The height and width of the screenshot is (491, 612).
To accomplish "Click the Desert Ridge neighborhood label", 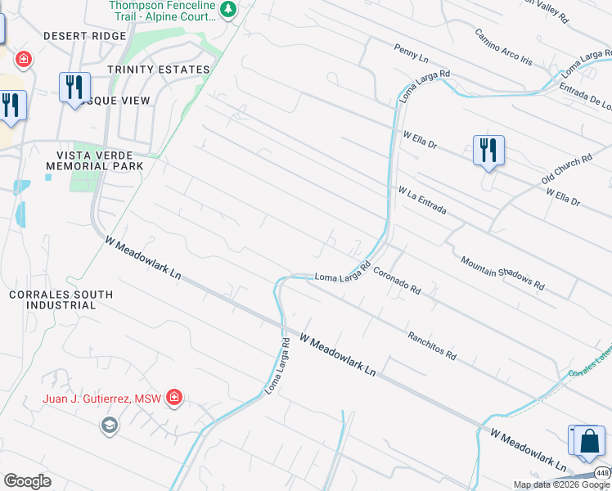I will point(85,36).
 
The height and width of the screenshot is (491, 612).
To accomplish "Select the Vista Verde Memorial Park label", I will point(100,160).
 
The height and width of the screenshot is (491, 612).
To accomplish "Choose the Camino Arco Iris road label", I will point(503,47).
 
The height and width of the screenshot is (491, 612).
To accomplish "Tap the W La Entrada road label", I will point(422,200).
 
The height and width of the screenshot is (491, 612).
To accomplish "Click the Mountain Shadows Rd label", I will point(502,273).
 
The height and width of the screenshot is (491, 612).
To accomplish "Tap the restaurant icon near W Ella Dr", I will point(488,151).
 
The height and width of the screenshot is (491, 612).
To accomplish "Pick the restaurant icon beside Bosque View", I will point(74,86).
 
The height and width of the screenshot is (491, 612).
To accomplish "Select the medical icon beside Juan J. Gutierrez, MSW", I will point(173,399).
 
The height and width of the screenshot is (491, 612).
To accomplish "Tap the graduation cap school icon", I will point(109,426).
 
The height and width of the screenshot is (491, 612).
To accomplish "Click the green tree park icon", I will point(230,10).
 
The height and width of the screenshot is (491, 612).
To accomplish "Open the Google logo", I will point(27,481).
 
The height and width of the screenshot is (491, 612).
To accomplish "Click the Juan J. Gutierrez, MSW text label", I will point(102,399).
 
